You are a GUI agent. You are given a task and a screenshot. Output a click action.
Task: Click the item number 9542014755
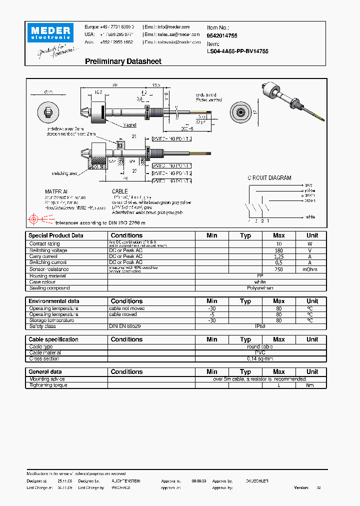coord(222,36)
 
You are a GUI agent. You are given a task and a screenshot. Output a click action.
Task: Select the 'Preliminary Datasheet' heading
coord(123,61)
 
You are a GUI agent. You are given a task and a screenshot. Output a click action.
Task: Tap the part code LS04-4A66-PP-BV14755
coord(237,51)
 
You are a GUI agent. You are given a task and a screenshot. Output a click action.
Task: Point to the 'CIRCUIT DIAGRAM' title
coord(269,178)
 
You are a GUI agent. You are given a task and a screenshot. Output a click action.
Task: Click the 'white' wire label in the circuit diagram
coord(310,217)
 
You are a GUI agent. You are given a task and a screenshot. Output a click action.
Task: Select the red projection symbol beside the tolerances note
coord(34,219)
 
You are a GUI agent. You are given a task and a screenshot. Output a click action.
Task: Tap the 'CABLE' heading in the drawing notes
coord(119,191)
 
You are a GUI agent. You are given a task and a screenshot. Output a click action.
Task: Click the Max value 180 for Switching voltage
coord(278,250)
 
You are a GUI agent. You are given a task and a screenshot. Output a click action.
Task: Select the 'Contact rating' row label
coord(44,244)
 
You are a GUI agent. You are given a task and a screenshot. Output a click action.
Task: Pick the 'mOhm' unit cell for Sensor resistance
coord(312,269)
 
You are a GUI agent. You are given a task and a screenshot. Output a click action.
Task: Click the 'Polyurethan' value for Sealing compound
coord(260,288)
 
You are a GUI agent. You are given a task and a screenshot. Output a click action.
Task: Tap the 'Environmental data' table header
coord(54,301)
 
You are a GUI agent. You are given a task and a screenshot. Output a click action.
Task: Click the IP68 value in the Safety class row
coord(260,326)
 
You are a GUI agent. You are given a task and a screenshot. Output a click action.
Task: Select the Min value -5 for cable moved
coord(211,314)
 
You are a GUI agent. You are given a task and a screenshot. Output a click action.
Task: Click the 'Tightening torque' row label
coord(48,385)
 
